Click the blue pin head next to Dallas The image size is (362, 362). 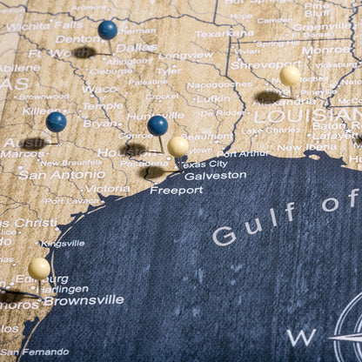tap(108, 30)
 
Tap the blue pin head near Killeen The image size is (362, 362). tap(57, 121)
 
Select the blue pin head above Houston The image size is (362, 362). tap(158, 124)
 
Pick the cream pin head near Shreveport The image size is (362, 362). tap(291, 76)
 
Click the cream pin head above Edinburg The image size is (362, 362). tap(39, 268)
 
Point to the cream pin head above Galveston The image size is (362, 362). tap(178, 145)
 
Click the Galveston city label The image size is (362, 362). tap(216, 175)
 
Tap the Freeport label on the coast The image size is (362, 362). tap(176, 190)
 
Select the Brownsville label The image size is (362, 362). tap(84, 300)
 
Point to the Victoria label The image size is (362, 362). tap(107, 188)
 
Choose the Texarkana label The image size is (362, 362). tap(225, 34)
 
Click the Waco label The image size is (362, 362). tap(99, 89)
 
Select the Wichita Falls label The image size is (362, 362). tap(44, 26)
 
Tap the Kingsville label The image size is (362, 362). tap(63, 244)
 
